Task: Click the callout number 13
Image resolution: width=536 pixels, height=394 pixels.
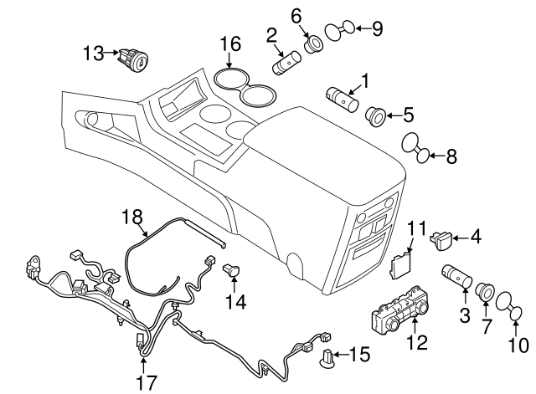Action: (94, 54)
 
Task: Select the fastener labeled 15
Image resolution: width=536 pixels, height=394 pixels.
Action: (328, 361)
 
